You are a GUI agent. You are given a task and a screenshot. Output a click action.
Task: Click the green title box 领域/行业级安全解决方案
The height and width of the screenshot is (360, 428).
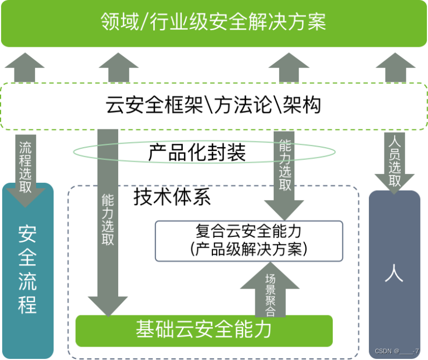click(x=214, y=23)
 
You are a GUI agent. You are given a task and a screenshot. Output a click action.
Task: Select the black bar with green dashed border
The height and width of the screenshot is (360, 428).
click(x=214, y=106)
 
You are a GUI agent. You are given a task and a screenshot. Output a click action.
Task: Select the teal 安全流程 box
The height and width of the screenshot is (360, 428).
click(x=28, y=270)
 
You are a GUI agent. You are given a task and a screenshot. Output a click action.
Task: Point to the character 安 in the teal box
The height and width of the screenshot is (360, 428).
click(x=28, y=233)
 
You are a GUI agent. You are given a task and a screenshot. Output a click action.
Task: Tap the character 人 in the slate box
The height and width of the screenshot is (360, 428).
click(x=394, y=273)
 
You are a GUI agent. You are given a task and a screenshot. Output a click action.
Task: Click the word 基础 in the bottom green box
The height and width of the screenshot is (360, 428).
click(x=154, y=330)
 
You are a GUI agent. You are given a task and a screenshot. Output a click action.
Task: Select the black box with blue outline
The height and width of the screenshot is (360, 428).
click(x=249, y=241)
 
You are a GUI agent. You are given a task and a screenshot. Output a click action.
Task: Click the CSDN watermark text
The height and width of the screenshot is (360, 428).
click(x=397, y=352)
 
